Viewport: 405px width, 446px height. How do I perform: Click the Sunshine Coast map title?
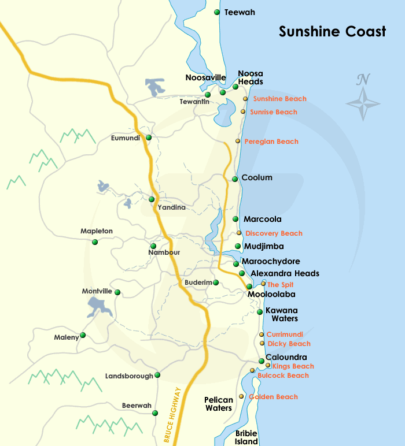click(332, 32)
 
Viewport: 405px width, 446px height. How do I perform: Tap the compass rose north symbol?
click(363, 98)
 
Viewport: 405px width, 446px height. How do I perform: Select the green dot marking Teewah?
click(217, 12)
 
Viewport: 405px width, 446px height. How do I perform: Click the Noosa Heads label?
click(251, 77)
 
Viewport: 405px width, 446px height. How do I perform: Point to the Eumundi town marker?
click(149, 137)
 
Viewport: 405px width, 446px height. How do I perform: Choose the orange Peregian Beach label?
click(271, 142)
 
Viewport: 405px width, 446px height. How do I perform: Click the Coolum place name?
click(256, 178)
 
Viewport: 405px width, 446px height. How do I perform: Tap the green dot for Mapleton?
click(95, 242)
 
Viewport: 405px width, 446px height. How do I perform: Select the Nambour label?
click(164, 252)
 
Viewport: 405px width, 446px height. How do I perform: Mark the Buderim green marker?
click(216, 283)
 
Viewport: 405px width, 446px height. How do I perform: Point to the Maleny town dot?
click(83, 335)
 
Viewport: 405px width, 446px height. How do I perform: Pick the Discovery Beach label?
click(274, 233)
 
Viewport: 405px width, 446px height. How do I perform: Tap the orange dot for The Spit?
click(263, 284)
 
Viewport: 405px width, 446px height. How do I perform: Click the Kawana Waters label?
click(281, 314)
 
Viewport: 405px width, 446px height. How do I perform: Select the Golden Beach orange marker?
click(241, 397)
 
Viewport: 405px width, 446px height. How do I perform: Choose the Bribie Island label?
click(246, 437)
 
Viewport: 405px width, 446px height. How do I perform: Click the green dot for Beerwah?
click(155, 413)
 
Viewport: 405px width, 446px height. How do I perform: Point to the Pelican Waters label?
click(219, 404)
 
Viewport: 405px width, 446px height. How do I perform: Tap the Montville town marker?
click(117, 292)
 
